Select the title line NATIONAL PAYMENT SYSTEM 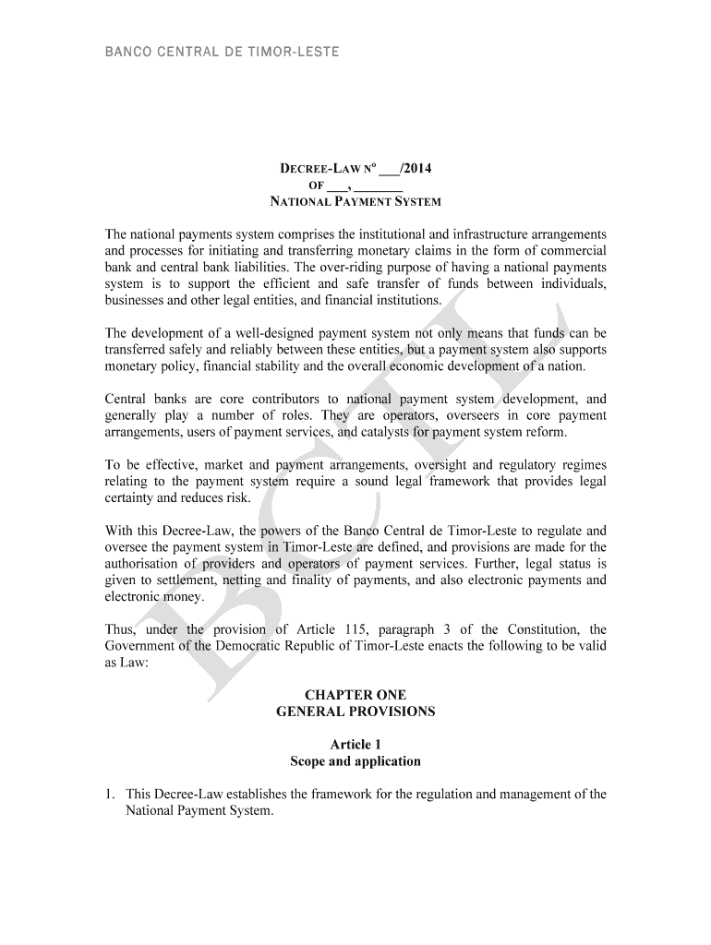click(x=355, y=201)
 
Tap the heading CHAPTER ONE click(x=355, y=694)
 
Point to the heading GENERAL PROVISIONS click(x=355, y=712)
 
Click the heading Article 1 click(x=355, y=744)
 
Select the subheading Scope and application click(x=355, y=761)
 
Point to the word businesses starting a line click(x=139, y=300)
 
